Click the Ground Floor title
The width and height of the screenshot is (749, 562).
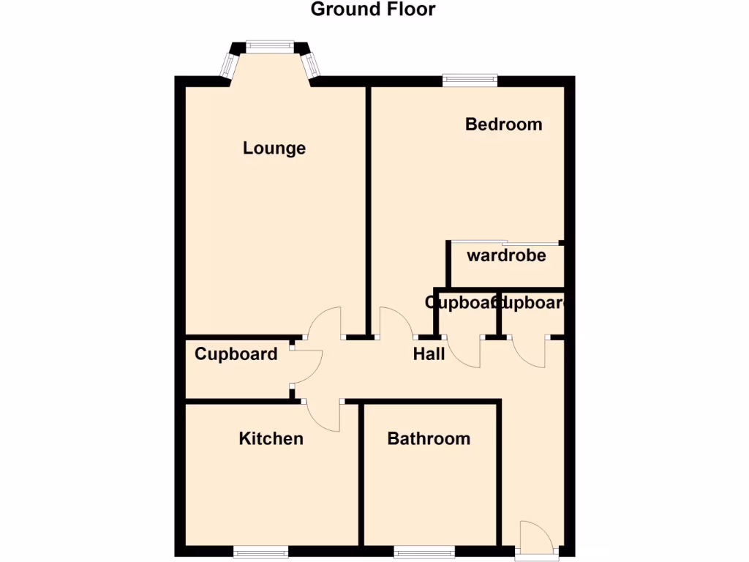373,10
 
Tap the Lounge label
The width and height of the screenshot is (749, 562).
274,149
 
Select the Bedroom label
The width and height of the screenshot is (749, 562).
504,124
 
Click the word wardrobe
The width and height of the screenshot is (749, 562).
507,256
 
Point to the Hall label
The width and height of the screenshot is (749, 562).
429,355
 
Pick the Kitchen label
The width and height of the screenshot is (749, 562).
271,439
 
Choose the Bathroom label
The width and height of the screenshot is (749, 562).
429,439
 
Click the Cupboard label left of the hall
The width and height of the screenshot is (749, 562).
236,355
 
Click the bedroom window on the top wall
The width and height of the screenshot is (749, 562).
470,78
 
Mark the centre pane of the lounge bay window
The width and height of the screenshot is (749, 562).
269,46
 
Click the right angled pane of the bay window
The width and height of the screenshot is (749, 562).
312,65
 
